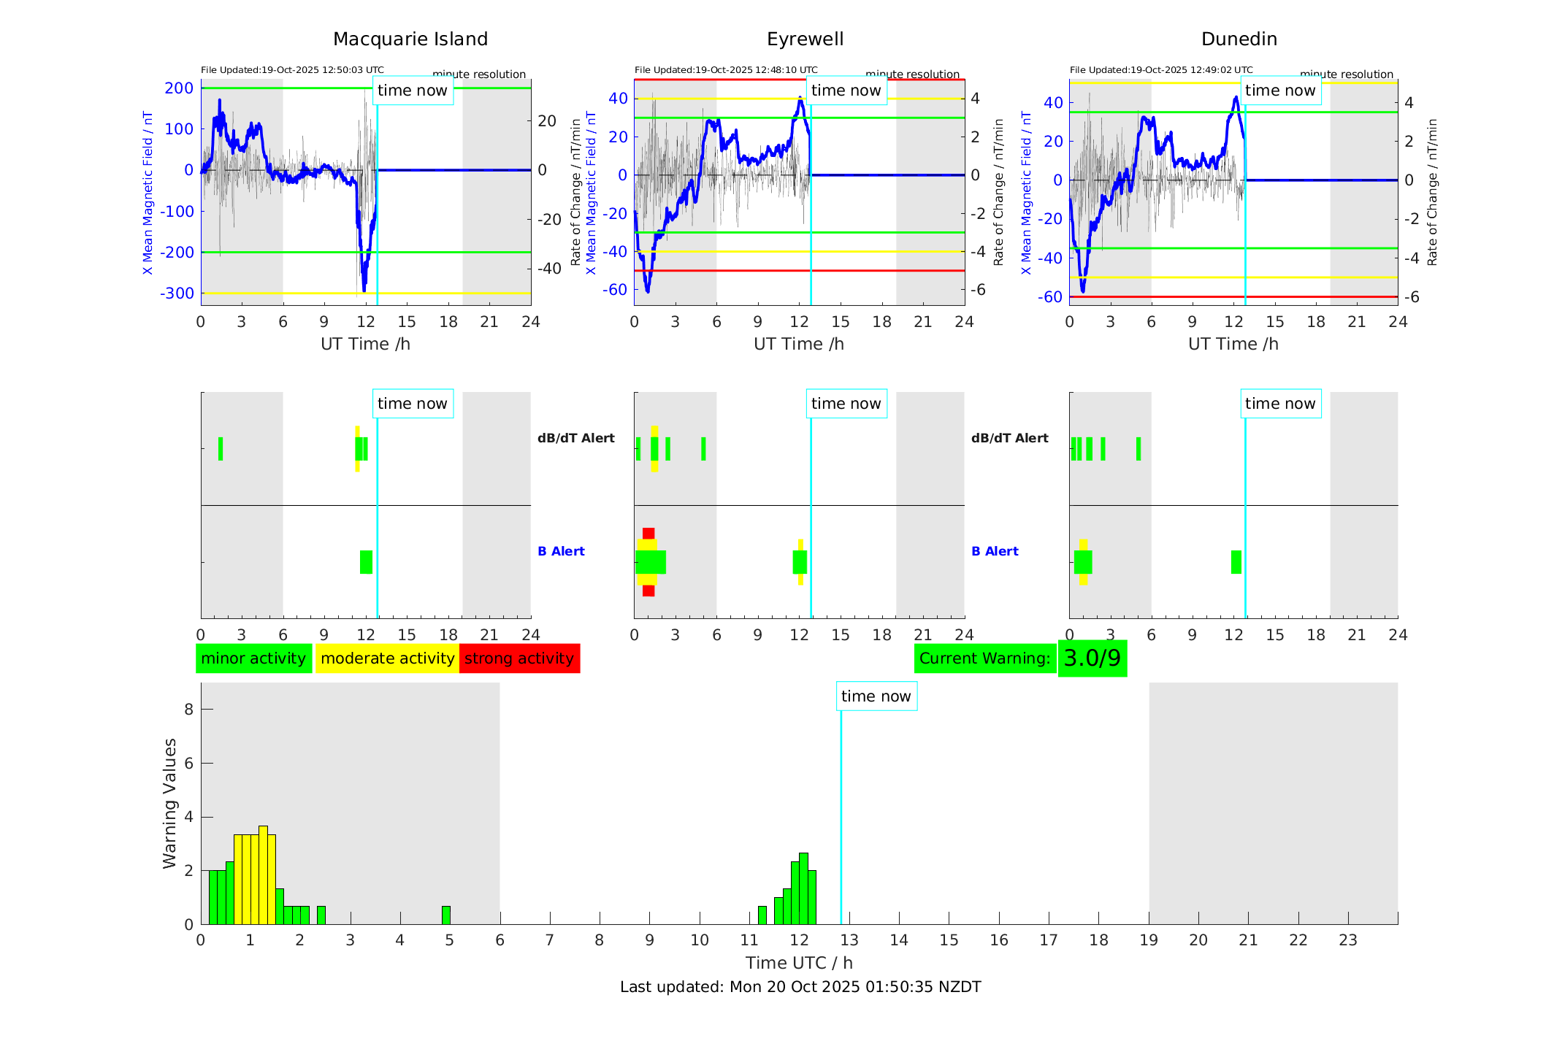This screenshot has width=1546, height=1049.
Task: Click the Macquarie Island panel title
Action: pos(410,39)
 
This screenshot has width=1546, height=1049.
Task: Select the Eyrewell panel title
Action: pos(805,39)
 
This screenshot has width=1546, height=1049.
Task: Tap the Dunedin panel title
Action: pos(1239,39)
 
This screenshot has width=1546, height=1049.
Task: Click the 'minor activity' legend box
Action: pos(253,658)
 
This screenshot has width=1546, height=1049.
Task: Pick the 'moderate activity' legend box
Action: pos(387,658)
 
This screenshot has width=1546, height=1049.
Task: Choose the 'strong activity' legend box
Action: pos(519,658)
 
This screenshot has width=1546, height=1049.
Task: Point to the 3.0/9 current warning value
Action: pos(1092,658)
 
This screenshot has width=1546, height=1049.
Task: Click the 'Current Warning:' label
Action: pos(984,658)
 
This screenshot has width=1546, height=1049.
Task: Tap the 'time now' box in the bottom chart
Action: pos(876,696)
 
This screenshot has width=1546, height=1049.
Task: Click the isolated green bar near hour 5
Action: pos(446,915)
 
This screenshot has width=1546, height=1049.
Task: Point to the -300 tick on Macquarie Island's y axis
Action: pos(177,293)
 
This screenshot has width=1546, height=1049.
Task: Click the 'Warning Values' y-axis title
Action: pos(170,803)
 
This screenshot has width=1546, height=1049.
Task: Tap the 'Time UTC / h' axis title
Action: pos(799,963)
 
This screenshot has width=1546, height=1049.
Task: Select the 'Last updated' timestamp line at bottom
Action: pos(800,987)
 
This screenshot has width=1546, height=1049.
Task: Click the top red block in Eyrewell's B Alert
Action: pos(648,534)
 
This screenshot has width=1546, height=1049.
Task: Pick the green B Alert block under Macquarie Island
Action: pos(366,562)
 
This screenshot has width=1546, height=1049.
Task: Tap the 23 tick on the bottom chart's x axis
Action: pos(1347,940)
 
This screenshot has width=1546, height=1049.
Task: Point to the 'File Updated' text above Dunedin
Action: pos(1160,70)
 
